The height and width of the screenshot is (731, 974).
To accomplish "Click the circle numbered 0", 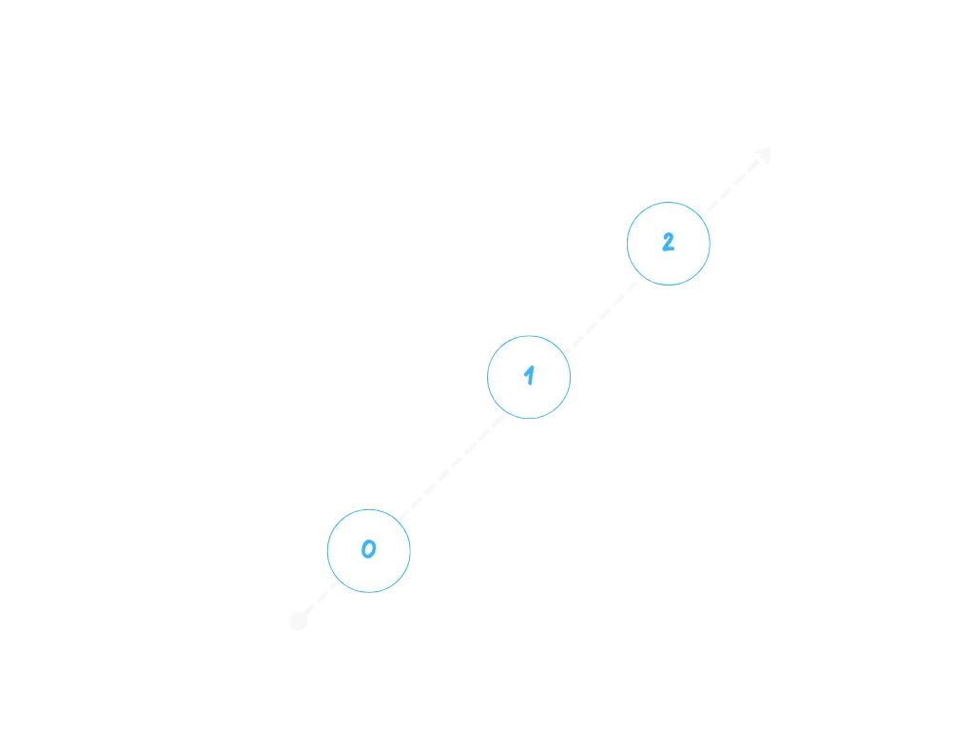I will [369, 550].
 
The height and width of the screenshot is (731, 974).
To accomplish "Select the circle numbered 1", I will [529, 377].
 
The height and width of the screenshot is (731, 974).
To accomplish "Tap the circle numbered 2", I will [668, 244].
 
